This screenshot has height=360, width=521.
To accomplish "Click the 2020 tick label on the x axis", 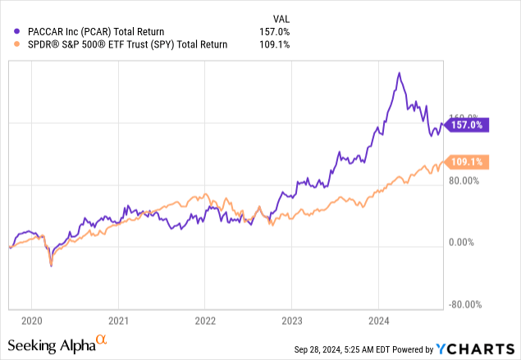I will [x=31, y=321].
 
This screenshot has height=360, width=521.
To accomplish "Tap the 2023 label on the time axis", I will [x=291, y=321].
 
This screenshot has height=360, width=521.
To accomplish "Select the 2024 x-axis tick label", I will [x=378, y=321].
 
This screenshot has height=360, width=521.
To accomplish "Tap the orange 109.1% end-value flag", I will [x=465, y=162].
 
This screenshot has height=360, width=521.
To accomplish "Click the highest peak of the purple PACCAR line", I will [x=399, y=73].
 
